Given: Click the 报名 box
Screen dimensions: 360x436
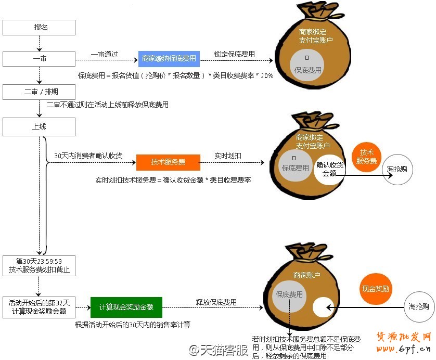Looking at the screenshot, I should pyautogui.click(x=39, y=27).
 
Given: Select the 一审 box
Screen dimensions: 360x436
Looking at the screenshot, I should pyautogui.click(x=39, y=59).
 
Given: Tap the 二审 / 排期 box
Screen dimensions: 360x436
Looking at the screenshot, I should pyautogui.click(x=39, y=92).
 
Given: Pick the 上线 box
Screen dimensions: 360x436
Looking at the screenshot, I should pyautogui.click(x=39, y=126).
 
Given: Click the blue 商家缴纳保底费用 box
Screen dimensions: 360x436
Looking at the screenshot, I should pyautogui.click(x=169, y=59).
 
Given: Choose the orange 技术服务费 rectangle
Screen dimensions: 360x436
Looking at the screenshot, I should pyautogui.click(x=168, y=162).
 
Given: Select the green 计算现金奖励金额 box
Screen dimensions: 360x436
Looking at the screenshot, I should pyautogui.click(x=126, y=307).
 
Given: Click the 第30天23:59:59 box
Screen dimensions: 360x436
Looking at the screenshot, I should pyautogui.click(x=39, y=265).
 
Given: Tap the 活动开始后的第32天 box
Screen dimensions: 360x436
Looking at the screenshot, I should pyautogui.click(x=39, y=307).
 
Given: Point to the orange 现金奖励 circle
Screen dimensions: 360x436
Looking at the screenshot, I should pyautogui.click(x=376, y=288).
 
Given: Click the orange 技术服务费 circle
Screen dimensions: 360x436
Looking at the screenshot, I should pyautogui.click(x=366, y=157).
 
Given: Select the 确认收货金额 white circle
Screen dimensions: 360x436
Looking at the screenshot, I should pyautogui.click(x=329, y=170).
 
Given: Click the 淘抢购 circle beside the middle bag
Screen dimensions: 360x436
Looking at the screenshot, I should pyautogui.click(x=397, y=170).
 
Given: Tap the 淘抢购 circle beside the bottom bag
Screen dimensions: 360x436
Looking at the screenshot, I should pyautogui.click(x=418, y=306).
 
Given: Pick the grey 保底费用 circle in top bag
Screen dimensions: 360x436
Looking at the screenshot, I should pyautogui.click(x=307, y=65).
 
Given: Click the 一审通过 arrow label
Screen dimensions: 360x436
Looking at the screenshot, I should pyautogui.click(x=105, y=54).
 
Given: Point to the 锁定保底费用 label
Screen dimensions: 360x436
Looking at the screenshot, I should pyautogui.click(x=234, y=54).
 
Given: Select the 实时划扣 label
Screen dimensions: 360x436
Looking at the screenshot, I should pyautogui.click(x=228, y=156).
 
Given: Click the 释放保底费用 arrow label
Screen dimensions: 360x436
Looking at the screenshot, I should pyautogui.click(x=216, y=302).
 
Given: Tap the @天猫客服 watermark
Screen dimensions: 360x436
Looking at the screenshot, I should pyautogui.click(x=219, y=350).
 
